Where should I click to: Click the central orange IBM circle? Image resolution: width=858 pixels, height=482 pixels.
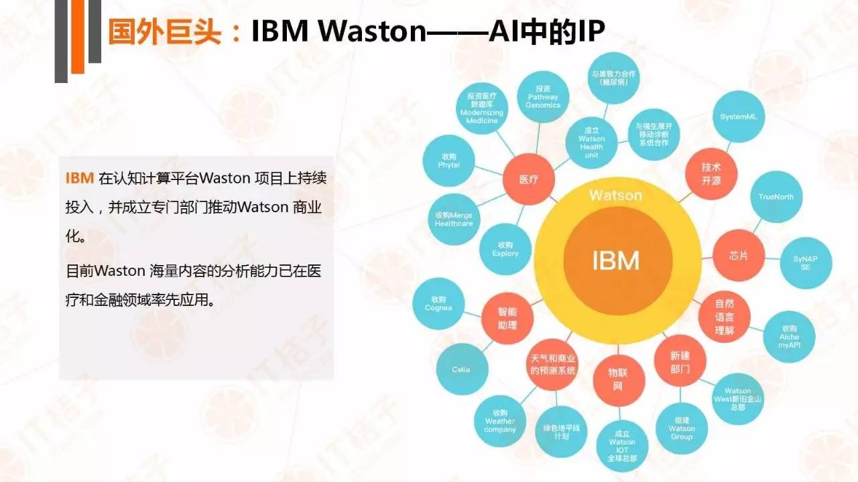(615, 260)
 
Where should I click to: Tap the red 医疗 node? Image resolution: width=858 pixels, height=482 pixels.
(528, 180)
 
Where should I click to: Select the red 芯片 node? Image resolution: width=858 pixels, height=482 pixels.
(738, 256)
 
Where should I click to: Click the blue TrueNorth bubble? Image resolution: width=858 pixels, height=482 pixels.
(776, 197)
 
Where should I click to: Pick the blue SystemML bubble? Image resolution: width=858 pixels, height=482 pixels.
(738, 116)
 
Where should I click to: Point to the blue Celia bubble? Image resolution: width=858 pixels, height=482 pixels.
(461, 370)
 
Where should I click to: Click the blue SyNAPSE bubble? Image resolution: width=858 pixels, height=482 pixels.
(806, 262)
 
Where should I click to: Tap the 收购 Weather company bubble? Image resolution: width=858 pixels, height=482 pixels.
(500, 421)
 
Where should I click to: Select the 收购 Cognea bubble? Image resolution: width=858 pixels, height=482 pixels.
(438, 303)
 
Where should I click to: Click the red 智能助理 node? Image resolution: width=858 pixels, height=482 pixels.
(507, 319)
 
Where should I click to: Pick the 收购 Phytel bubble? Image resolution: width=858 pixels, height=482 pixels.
(448, 161)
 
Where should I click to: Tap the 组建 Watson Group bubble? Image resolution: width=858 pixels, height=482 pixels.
(681, 428)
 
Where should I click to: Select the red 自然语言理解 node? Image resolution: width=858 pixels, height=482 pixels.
(724, 317)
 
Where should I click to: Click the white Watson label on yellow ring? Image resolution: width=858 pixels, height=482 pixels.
(615, 195)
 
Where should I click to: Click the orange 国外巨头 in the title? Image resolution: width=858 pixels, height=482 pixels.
(164, 31)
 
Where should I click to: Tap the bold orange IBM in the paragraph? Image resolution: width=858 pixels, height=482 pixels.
(79, 179)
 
